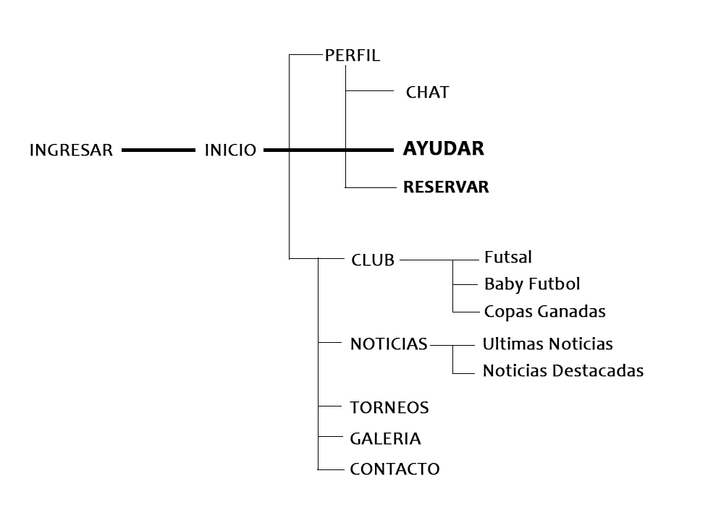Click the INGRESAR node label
tap(71, 150)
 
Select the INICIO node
tap(230, 150)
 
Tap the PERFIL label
tap(353, 56)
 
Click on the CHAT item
tap(427, 93)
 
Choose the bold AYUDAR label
tap(443, 149)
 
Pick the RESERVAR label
tap(446, 187)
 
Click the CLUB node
tap(373, 260)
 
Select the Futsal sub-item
tap(508, 257)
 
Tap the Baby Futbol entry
tap(532, 284)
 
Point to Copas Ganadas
tap(544, 312)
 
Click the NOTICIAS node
tap(389, 344)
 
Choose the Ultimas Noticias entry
tap(547, 344)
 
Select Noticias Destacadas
tap(562, 371)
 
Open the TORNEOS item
tap(389, 408)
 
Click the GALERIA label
tap(385, 438)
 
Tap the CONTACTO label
tap(395, 469)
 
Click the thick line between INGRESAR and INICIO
tap(159, 150)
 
